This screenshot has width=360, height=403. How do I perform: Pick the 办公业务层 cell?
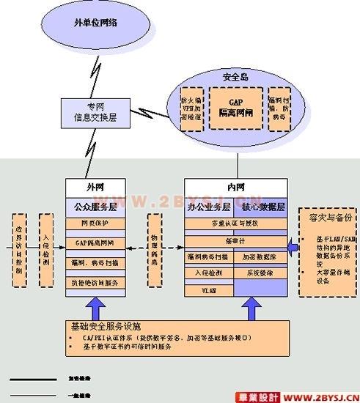click(210, 207)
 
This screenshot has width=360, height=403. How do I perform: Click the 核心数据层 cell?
click(261, 207)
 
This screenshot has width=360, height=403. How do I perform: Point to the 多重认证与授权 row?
click(235, 223)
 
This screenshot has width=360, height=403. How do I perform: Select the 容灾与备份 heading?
click(328, 218)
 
